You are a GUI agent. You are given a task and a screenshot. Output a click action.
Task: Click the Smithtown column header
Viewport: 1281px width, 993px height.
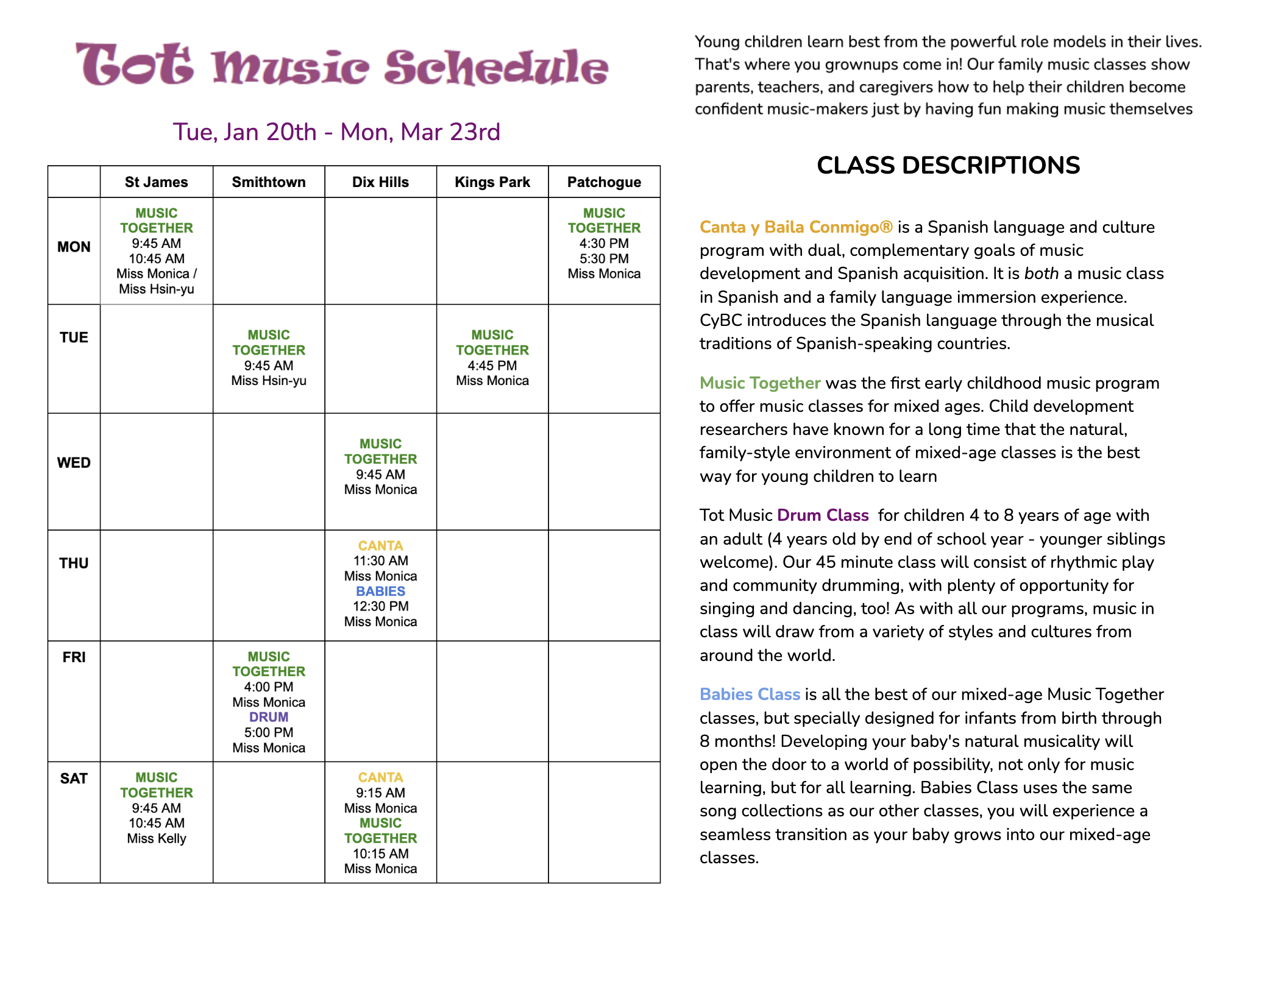pyautogui.click(x=269, y=182)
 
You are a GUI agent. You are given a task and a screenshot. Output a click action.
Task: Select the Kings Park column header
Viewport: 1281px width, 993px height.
pyautogui.click(x=492, y=182)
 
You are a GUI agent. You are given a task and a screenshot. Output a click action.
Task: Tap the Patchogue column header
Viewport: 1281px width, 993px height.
pyautogui.click(x=604, y=182)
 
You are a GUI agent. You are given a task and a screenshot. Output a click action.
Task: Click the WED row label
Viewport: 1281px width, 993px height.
pyautogui.click(x=74, y=463)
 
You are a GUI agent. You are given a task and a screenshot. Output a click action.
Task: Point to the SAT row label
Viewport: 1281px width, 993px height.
pyautogui.click(x=74, y=779)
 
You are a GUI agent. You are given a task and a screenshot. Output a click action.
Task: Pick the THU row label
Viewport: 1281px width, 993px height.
pyautogui.click(x=74, y=564)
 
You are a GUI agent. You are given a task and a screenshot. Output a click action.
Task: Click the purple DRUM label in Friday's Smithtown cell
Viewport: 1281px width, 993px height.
pyautogui.click(x=269, y=717)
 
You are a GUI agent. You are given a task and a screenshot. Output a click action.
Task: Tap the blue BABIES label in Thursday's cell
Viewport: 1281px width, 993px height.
pyautogui.click(x=380, y=591)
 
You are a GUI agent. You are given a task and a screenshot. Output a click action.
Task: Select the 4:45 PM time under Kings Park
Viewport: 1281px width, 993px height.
pyautogui.click(x=492, y=366)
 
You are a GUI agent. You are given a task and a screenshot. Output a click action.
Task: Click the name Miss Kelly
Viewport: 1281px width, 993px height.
pyautogui.click(x=157, y=838)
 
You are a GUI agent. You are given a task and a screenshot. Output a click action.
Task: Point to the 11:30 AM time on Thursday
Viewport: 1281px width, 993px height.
pyautogui.click(x=380, y=560)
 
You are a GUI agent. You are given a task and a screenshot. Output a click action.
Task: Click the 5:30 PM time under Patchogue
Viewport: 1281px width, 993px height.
pyautogui.click(x=604, y=258)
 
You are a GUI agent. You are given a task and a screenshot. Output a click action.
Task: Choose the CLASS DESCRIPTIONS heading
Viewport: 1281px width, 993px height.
pyautogui.click(x=948, y=166)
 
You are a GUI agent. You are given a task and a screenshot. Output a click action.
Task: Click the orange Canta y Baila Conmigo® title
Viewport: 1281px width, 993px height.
pyautogui.click(x=796, y=227)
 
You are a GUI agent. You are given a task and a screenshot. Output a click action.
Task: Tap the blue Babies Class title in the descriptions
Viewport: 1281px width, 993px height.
pyautogui.click(x=750, y=694)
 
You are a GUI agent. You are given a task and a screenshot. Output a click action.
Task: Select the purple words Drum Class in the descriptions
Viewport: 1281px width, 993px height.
pyautogui.click(x=823, y=515)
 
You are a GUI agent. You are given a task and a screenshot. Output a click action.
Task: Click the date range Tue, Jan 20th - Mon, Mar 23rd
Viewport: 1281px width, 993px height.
pyautogui.click(x=336, y=132)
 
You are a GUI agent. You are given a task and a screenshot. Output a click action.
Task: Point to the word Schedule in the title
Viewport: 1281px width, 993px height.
pyautogui.click(x=496, y=67)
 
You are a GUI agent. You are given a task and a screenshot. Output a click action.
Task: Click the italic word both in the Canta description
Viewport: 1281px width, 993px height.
pyautogui.click(x=1041, y=274)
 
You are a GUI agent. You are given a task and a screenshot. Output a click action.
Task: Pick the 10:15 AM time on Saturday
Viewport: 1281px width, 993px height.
pyautogui.click(x=380, y=853)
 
